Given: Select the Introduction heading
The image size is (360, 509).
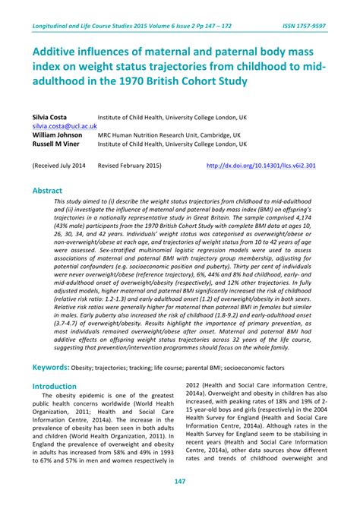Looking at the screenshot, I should tap(55, 386).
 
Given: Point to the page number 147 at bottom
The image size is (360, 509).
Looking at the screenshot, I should tap(180, 482).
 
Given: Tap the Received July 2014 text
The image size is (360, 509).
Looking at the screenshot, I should tap(59, 165).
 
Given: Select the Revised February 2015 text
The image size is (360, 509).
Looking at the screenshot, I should tap(130, 165).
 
